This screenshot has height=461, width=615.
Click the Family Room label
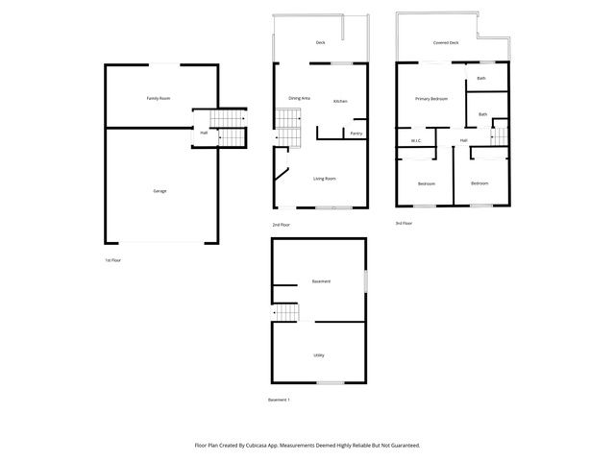[x=159, y=99]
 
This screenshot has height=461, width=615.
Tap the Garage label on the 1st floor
[x=160, y=191]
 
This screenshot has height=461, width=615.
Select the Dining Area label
[x=299, y=98]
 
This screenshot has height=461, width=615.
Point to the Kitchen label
[x=340, y=102]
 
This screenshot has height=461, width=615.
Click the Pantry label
[x=356, y=133]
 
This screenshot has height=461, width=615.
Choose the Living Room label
[x=324, y=179]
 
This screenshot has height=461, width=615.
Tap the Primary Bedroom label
[x=431, y=99]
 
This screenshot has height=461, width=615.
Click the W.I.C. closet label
[x=416, y=141]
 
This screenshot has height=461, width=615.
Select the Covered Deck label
[x=446, y=43]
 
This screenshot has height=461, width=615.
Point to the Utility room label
[x=318, y=355]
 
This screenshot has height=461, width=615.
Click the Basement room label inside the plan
[x=321, y=281]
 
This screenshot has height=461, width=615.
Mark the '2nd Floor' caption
[x=282, y=225]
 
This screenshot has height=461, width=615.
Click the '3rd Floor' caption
[x=404, y=223]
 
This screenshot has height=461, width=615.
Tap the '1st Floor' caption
[x=113, y=260]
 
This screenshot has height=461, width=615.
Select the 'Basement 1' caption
[x=279, y=400]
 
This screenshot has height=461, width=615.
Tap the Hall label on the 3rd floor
[x=463, y=141]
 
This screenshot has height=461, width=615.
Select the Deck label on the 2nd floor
[x=320, y=43]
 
